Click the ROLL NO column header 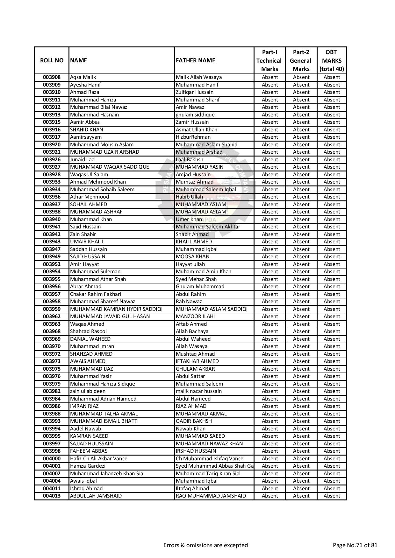click(52, 60)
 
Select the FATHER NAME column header click(195, 60)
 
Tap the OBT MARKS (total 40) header click(331, 60)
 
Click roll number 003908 click(52, 77)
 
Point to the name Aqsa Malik click(83, 77)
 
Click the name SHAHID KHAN click(86, 129)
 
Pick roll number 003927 click(52, 167)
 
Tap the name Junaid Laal click(83, 159)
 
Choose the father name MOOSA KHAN click(192, 257)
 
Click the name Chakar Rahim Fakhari click(95, 294)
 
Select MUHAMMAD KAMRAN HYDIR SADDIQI click(116, 309)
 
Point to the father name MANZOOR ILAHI click(195, 317)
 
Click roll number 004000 click(52, 458)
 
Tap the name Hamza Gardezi click(83, 466)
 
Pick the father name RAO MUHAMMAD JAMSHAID click(211, 496)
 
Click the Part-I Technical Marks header click(269, 60)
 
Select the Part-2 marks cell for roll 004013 click(301, 496)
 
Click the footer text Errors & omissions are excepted click(205, 545)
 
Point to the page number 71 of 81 click(355, 545)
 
